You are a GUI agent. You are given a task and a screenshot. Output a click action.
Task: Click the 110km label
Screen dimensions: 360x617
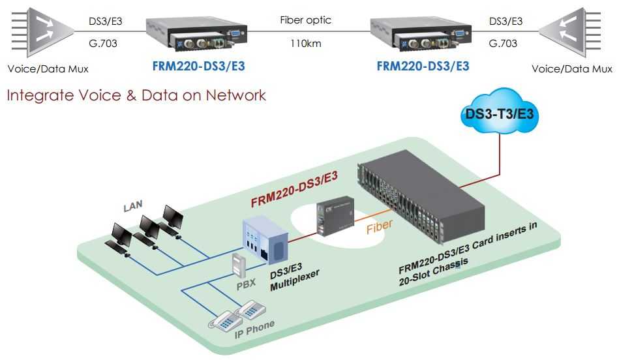305,44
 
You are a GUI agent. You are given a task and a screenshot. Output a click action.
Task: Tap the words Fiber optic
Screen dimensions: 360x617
305,20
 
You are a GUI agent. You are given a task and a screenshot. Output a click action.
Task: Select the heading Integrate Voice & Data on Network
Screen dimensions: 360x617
136,95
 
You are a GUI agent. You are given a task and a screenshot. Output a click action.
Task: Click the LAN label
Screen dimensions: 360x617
133,207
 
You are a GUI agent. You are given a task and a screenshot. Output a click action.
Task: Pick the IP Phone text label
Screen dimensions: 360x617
254,329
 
